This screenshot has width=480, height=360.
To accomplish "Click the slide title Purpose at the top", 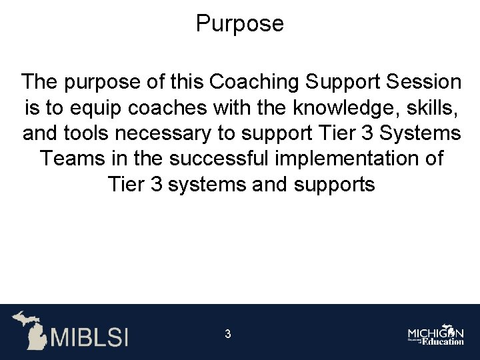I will [240, 24].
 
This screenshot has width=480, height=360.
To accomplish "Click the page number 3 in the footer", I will [227, 333].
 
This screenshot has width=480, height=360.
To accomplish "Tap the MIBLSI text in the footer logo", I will [87, 336].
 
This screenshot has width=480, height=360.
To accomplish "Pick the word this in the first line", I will [182, 83].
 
